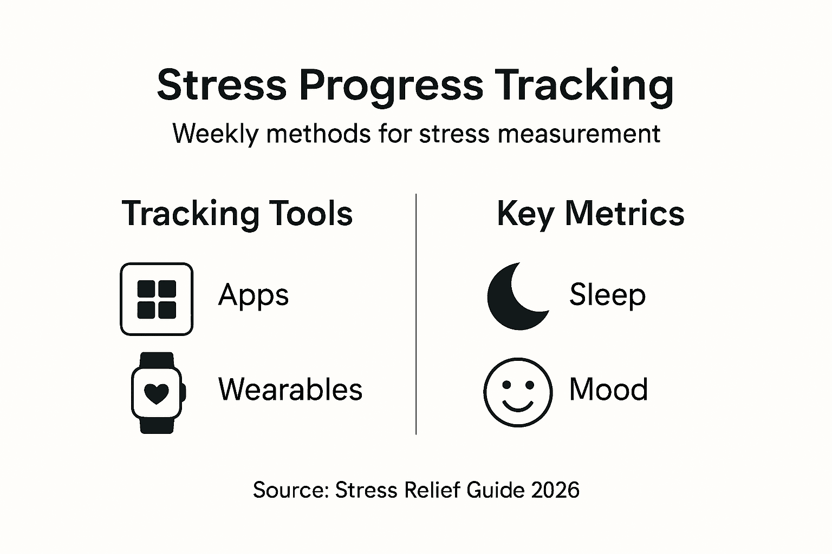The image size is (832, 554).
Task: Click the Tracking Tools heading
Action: point(237,214)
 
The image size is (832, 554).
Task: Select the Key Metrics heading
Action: point(590,214)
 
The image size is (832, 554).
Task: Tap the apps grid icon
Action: point(157,299)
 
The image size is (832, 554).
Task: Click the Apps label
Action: point(253,295)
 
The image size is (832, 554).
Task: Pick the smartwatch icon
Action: point(157,393)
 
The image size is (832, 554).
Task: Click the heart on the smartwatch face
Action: point(157,394)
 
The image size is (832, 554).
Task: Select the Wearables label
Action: point(290,390)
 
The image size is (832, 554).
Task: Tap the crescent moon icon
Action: point(515,298)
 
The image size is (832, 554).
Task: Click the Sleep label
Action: point(607,295)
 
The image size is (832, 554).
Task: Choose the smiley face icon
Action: point(518,392)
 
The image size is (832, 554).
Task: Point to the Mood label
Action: point(608,390)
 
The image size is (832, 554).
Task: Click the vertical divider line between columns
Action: point(415,314)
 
